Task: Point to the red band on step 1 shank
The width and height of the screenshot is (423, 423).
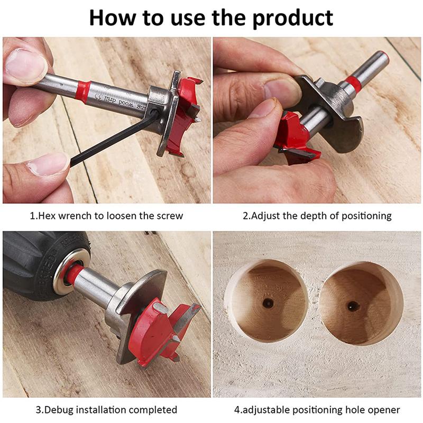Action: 82,91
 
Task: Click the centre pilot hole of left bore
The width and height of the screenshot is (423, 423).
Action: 268,304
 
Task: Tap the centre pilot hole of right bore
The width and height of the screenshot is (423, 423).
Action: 352,306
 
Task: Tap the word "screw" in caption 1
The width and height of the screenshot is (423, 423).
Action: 169,216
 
